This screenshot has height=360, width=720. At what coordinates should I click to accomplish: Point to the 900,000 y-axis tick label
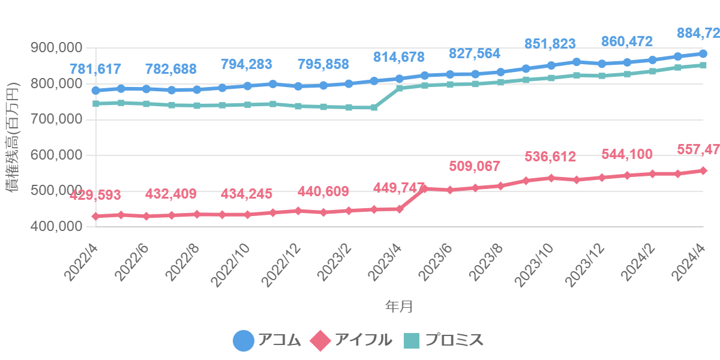(56, 48)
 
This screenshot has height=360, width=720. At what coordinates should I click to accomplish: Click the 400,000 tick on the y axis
(56, 227)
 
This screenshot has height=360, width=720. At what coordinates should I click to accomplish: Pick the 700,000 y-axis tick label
(56, 119)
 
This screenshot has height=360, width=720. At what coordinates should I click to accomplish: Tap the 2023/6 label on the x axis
(436, 262)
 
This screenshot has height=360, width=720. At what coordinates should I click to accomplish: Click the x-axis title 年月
(399, 307)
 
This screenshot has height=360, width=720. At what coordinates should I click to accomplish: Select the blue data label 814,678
(399, 58)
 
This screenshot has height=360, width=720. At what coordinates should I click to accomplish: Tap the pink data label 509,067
(475, 166)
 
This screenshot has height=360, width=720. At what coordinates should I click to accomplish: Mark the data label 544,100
(627, 154)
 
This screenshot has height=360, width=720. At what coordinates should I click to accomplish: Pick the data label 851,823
(550, 44)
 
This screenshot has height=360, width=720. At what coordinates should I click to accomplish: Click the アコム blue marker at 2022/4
(96, 91)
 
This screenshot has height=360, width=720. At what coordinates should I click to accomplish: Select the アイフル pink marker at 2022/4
(96, 216)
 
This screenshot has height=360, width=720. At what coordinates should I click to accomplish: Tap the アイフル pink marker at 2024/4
(703, 170)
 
